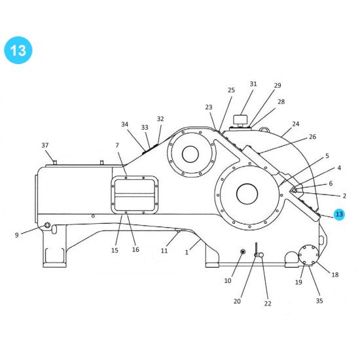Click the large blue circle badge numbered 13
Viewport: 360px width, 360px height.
pyautogui.click(x=18, y=50)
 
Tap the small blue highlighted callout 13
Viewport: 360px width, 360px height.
pyautogui.click(x=338, y=215)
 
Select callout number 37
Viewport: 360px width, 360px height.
pyautogui.click(x=45, y=145)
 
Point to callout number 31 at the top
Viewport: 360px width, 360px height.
pyautogui.click(x=253, y=84)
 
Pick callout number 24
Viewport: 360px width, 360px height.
pyautogui.click(x=295, y=124)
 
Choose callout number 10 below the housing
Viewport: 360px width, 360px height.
pyautogui.click(x=228, y=281)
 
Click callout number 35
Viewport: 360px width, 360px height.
pyautogui.click(x=319, y=301)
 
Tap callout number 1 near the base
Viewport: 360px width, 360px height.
pyautogui.click(x=187, y=252)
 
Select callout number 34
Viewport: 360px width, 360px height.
pyautogui.click(x=125, y=124)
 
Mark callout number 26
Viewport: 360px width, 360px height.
pyautogui.click(x=312, y=137)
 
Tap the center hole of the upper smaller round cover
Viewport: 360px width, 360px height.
pyautogui.click(x=190, y=154)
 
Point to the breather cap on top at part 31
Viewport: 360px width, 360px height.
pyautogui.click(x=242, y=120)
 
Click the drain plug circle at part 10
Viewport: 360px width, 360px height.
pyautogui.click(x=243, y=252)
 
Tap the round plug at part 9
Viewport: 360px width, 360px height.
pyautogui.click(x=47, y=226)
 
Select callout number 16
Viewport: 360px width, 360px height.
pyautogui.click(x=135, y=249)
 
